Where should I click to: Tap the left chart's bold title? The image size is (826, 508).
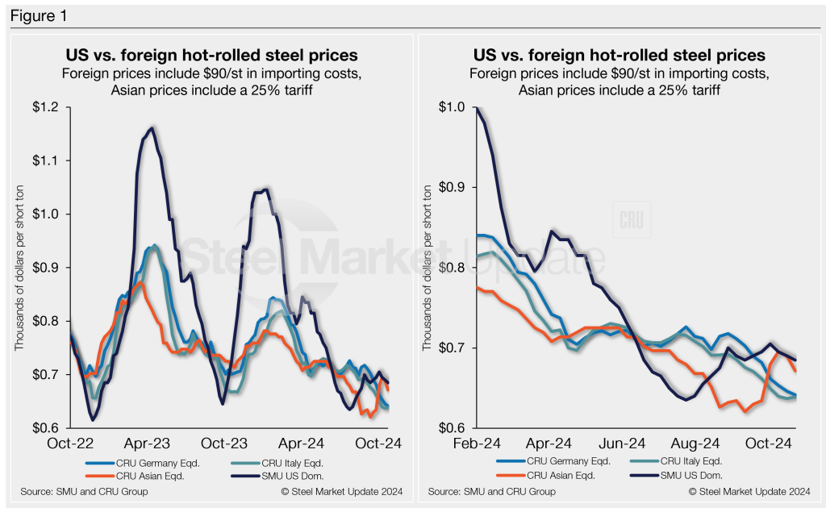tap(211, 56)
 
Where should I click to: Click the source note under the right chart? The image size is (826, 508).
tap(491, 491)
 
